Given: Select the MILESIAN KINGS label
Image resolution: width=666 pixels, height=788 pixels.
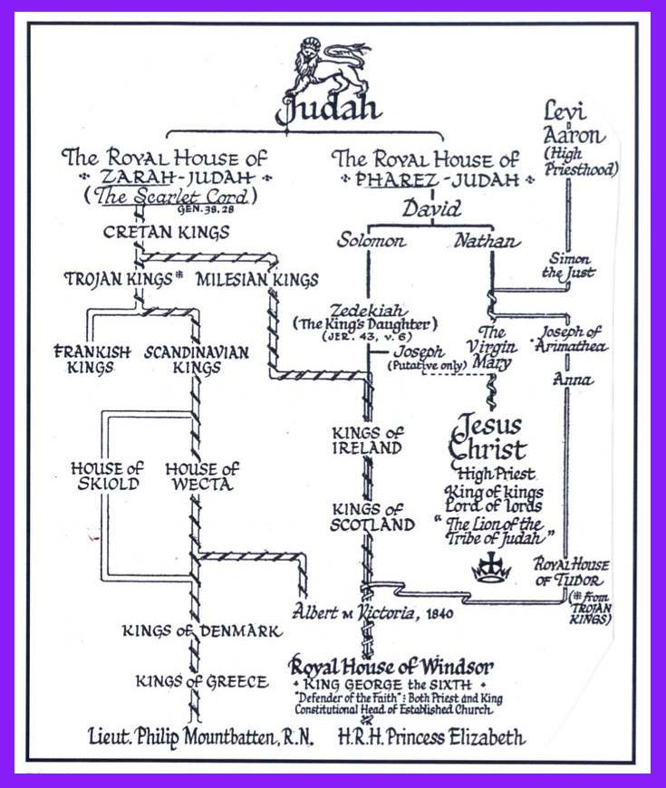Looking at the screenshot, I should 244,280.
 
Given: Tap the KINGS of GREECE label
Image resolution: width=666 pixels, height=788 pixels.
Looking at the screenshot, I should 201,681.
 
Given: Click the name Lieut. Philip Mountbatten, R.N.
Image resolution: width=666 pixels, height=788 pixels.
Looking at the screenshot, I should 203,738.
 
